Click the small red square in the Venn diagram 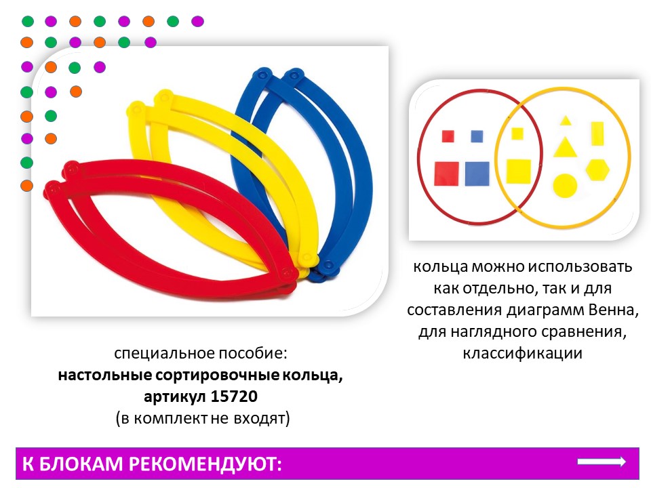click(x=448, y=136)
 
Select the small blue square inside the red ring click(x=477, y=136)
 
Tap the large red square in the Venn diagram click(x=446, y=174)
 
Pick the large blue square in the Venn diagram click(x=477, y=174)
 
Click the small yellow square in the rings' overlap click(x=517, y=134)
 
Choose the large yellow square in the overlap click(x=519, y=171)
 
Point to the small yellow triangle click(x=565, y=121)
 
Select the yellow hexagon click(x=598, y=169)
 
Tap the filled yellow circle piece click(x=565, y=186)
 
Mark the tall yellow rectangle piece click(x=597, y=134)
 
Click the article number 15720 click(x=234, y=396)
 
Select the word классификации click(x=522, y=353)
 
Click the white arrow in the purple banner click(x=601, y=462)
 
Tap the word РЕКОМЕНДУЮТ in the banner click(x=205, y=464)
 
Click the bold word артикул click(x=175, y=397)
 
